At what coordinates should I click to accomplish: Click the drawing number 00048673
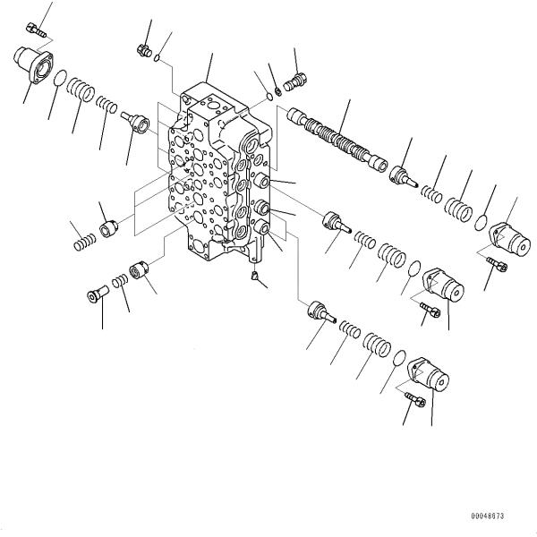click(487, 516)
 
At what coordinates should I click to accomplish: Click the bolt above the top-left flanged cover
click(35, 30)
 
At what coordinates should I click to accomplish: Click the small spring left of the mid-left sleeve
click(84, 241)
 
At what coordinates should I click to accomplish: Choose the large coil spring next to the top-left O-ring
click(81, 92)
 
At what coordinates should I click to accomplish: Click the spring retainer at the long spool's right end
click(404, 174)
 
